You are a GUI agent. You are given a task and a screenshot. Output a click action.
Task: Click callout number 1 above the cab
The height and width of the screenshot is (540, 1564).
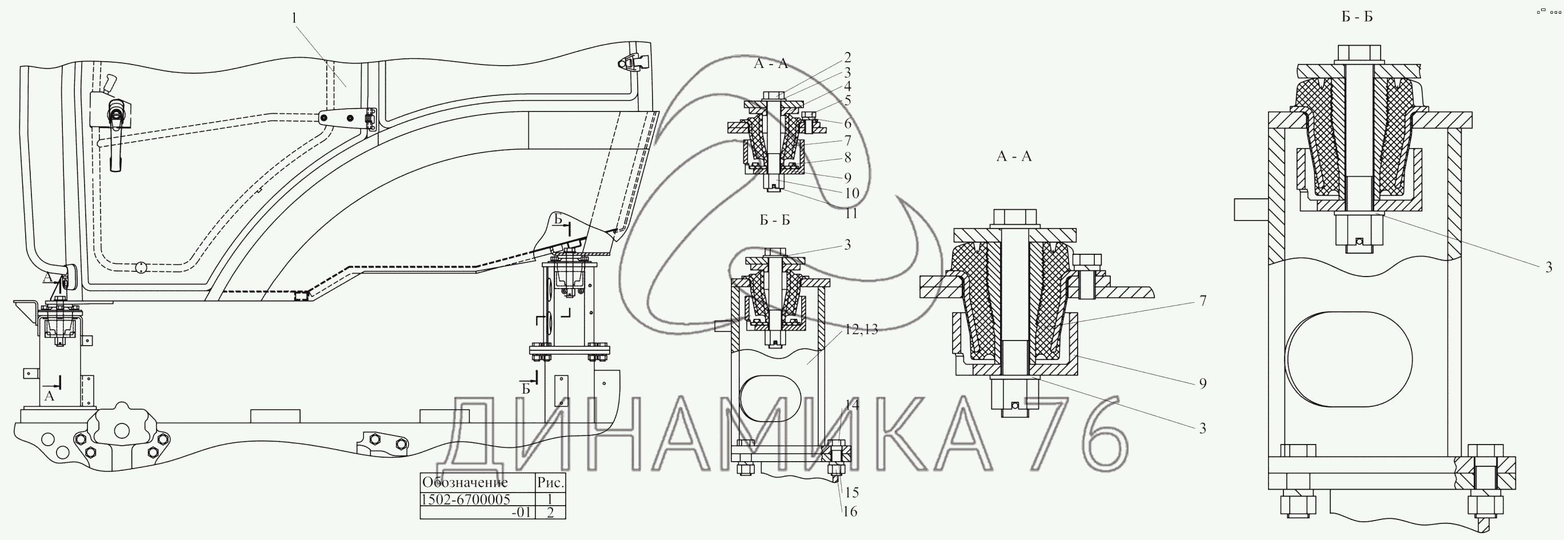294,18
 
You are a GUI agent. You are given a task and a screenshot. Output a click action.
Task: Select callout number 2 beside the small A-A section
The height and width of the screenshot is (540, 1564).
847,57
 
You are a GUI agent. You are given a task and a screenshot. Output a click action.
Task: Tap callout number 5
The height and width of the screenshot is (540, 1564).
847,100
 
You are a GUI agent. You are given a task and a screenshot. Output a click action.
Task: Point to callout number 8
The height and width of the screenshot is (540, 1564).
847,157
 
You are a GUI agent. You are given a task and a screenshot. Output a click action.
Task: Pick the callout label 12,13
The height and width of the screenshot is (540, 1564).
861,330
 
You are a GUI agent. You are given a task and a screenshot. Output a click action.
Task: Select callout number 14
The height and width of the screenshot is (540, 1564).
853,405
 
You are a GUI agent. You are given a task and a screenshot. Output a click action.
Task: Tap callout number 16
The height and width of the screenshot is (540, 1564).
850,511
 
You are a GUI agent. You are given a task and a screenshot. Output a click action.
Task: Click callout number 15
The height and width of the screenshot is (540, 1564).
852,492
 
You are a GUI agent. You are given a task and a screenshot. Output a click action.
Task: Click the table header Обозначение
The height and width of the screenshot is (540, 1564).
465,483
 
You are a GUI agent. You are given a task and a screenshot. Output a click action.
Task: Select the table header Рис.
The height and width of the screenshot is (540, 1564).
551,483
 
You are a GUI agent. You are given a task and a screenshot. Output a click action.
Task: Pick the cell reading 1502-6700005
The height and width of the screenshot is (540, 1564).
466,499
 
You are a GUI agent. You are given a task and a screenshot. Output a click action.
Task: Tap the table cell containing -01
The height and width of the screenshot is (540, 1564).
521,512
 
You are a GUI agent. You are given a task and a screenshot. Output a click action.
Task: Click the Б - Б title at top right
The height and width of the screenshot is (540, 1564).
1357,17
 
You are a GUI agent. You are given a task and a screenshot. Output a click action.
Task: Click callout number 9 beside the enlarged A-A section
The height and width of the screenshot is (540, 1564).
1203,383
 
